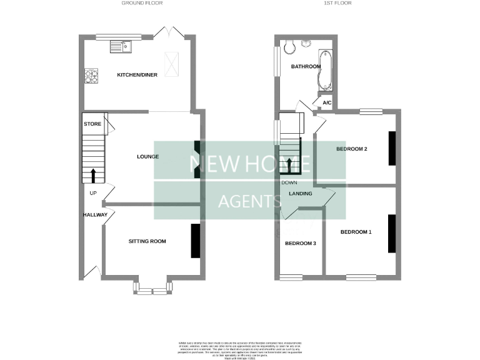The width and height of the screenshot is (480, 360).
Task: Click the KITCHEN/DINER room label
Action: pos(137,75)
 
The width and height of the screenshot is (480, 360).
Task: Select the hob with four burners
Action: pos(92,76)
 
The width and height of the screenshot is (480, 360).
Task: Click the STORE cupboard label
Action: pos(92,124)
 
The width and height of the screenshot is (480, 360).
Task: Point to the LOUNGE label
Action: pos(148,156)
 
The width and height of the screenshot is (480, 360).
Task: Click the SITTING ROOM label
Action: pos(147,241)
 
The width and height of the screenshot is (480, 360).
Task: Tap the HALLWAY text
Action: pos(96,215)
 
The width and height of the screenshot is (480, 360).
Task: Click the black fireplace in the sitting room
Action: pos(195,241)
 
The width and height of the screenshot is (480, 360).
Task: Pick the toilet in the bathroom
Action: pos(289,47)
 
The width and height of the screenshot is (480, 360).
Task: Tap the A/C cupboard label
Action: pos(326,102)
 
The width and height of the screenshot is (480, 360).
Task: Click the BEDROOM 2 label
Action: pos(351,149)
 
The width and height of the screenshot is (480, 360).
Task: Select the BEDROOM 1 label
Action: pos(356,232)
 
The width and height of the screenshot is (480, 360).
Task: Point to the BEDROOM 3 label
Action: pos(300,243)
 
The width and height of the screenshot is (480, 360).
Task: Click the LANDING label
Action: pos(301,194)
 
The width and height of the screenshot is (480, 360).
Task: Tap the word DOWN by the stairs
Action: pos(289,182)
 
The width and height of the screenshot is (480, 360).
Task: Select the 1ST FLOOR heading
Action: pos(338,3)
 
